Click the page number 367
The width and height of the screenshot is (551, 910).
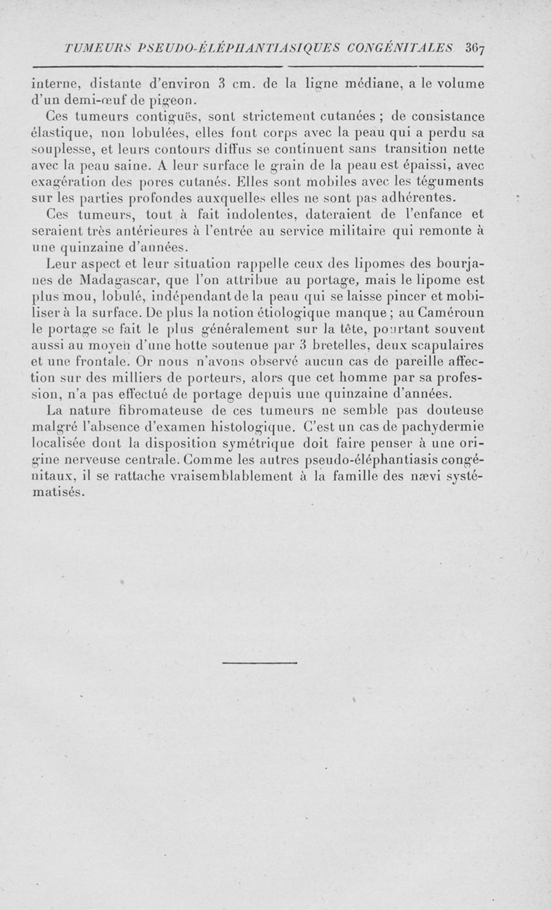coord(475,48)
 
